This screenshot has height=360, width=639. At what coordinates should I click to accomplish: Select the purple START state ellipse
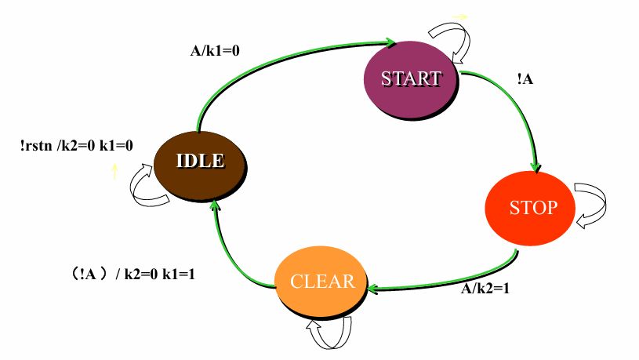[411, 79]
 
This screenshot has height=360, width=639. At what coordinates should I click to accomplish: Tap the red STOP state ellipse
[532, 208]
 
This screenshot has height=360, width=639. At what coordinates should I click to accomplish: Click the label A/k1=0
[215, 50]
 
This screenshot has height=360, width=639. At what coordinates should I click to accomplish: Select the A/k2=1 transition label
[485, 287]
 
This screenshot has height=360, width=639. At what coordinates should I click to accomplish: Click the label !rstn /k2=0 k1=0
[77, 145]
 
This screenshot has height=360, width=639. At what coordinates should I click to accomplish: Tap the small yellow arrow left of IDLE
[114, 171]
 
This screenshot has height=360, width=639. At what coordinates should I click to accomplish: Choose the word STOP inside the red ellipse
[533, 208]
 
